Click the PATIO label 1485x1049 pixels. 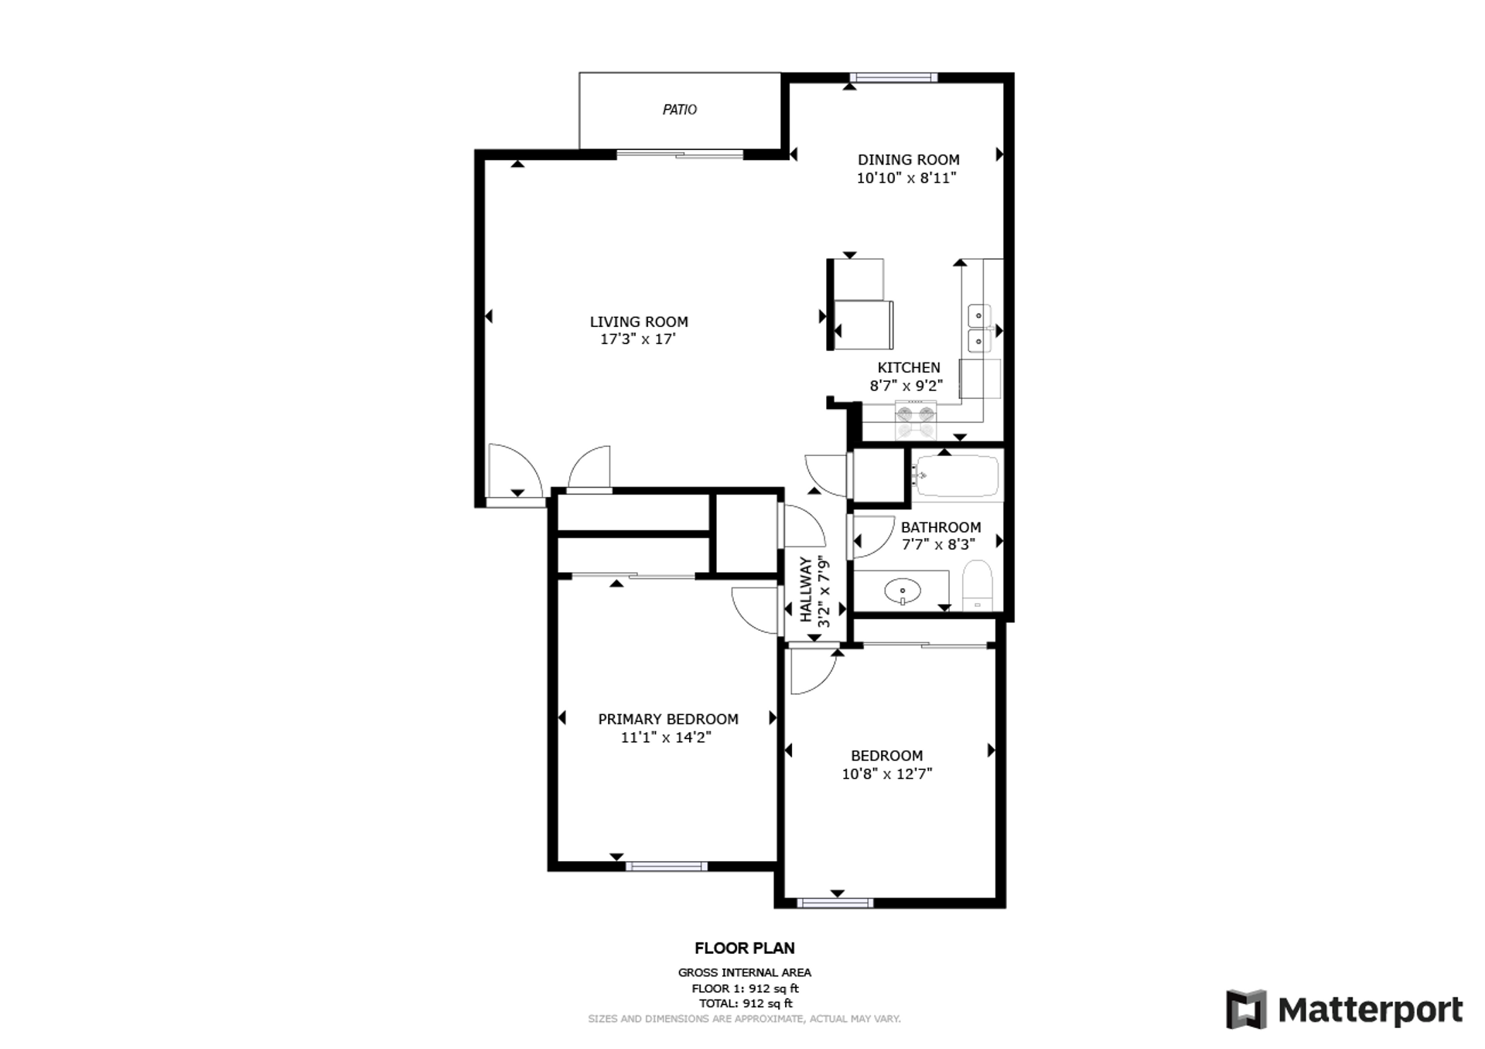coord(679,110)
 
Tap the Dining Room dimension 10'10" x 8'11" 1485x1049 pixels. coord(906,178)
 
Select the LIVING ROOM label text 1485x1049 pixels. coord(639,322)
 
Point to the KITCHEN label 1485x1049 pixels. coord(909,367)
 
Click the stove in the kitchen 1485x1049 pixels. coord(916,421)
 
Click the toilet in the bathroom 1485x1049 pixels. coord(978,585)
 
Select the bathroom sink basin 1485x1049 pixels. coord(903,592)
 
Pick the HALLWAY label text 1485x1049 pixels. coord(806,590)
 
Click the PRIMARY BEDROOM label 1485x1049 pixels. coord(668,719)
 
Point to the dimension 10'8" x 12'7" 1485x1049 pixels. coord(887,774)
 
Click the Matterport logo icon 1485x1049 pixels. coord(1246,1009)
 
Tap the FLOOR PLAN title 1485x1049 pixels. coord(744,948)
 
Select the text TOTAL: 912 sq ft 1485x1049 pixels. coord(746,1003)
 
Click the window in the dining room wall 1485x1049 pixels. coord(893,77)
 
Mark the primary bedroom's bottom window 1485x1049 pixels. coord(666,867)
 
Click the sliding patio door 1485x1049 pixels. coord(680,155)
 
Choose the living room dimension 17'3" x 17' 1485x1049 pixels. coord(638,339)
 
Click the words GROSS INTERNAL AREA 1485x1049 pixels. coord(745,972)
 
